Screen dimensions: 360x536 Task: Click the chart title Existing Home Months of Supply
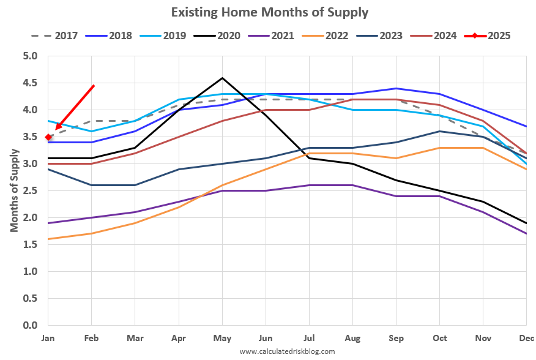pyautogui.click(x=269, y=12)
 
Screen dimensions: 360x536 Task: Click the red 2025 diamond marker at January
pyautogui.click(x=48, y=137)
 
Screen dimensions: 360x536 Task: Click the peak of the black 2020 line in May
pyautogui.click(x=222, y=78)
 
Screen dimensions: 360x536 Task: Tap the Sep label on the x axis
pyautogui.click(x=396, y=337)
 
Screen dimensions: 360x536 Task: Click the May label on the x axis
pyautogui.click(x=222, y=337)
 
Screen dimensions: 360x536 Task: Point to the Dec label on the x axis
pyautogui.click(x=526, y=337)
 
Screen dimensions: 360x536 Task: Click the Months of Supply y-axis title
pyautogui.click(x=13, y=191)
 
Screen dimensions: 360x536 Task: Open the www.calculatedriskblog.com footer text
pyautogui.click(x=287, y=351)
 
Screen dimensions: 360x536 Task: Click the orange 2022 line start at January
pyautogui.click(x=48, y=239)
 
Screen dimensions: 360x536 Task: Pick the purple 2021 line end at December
pyautogui.click(x=526, y=234)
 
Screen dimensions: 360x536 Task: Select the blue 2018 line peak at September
pyautogui.click(x=396, y=89)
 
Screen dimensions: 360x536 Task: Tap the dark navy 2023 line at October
pyautogui.click(x=439, y=132)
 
